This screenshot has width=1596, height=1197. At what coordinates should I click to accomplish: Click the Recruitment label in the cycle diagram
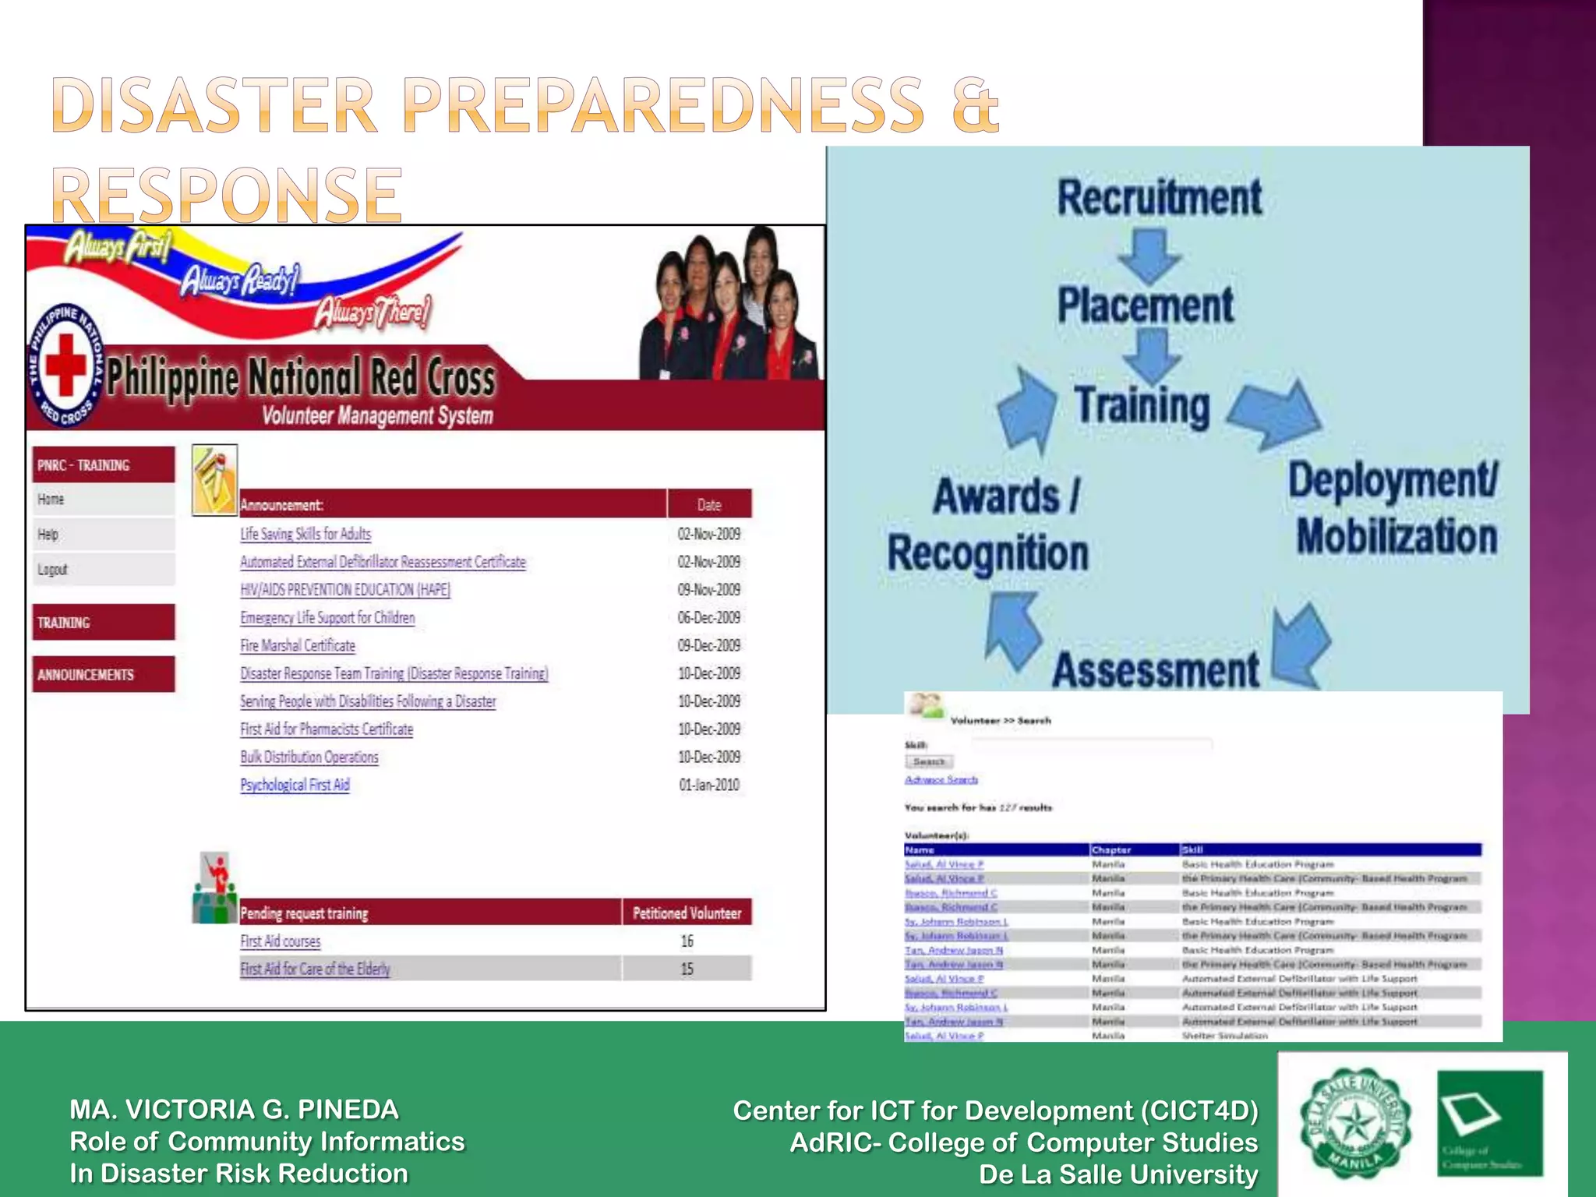(1159, 197)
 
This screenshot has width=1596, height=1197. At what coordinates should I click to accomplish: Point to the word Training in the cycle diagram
(1142, 406)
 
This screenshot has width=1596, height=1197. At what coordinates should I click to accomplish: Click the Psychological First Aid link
(295, 785)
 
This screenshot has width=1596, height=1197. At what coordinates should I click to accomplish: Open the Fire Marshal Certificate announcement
(298, 645)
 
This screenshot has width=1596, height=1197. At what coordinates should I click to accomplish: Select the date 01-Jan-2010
(708, 785)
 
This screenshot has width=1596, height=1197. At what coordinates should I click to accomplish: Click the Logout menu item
(53, 570)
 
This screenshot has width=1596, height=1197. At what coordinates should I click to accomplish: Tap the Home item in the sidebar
(51, 500)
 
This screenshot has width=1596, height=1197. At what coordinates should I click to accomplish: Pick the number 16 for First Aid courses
(687, 941)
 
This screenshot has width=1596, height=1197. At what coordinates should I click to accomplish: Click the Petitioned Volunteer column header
(687, 913)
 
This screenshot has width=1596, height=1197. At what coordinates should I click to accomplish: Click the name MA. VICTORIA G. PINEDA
(234, 1109)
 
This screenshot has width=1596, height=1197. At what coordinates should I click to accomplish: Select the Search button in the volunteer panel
(928, 761)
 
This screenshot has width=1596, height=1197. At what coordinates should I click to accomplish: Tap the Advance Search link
(941, 779)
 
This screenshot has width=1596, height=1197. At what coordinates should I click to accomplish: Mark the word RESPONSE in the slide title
(227, 195)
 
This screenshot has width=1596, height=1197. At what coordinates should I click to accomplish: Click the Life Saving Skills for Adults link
(305, 534)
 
